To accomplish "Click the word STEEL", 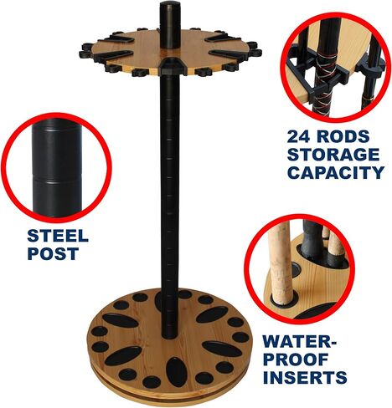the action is click(x=58, y=236).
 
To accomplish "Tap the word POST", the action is click(x=53, y=253).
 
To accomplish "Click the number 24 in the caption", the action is click(x=298, y=136).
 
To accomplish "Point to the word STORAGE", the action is click(x=333, y=155).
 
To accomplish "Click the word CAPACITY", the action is click(x=336, y=172).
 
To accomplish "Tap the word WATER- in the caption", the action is click(x=300, y=341).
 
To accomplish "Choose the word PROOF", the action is click(x=296, y=360).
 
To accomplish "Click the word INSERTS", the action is click(x=305, y=377).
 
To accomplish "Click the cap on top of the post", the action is click(x=170, y=6).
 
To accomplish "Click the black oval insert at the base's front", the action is click(x=176, y=372).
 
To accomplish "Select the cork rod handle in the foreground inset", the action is click(x=280, y=268).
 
